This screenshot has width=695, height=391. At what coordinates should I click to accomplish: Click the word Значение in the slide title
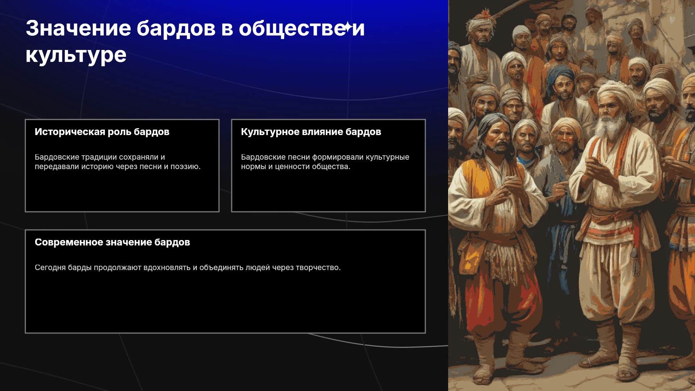pyautogui.click(x=79, y=28)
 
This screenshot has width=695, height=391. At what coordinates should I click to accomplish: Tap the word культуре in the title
pyautogui.click(x=76, y=56)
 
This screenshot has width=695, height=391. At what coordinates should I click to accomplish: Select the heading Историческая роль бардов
pyautogui.click(x=102, y=132)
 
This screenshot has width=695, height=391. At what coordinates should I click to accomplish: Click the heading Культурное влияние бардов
pyautogui.click(x=311, y=132)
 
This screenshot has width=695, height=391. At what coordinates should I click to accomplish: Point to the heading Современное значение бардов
pyautogui.click(x=112, y=242)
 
